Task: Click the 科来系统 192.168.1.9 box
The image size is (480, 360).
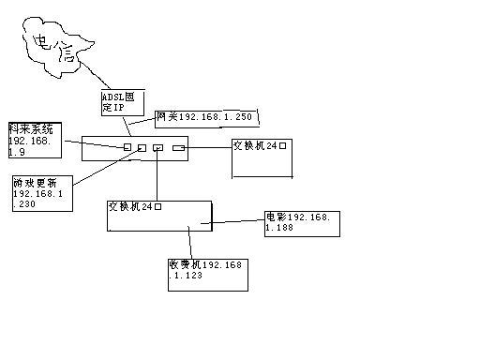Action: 34,138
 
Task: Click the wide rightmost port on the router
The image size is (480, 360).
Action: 179,147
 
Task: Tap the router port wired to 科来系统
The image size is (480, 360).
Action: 127,147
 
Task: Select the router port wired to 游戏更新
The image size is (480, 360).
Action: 142,147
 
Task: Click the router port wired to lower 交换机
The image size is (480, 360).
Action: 157,147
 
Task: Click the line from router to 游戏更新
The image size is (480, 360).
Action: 103,167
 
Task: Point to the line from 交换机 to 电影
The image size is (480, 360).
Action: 238,223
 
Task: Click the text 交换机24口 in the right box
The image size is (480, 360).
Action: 262,145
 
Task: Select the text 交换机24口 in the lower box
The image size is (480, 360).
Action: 135,205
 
